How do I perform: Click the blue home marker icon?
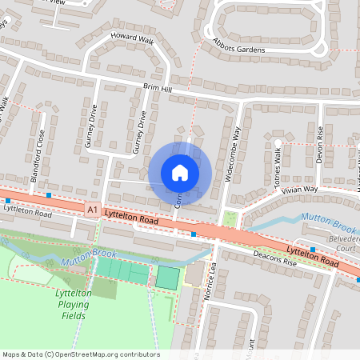pyautogui.click(x=180, y=172)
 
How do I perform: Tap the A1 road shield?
pyautogui.click(x=93, y=210)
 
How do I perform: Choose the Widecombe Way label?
pyautogui.click(x=233, y=151)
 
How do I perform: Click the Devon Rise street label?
pyautogui.click(x=318, y=144)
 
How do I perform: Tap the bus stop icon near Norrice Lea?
pyautogui.click(x=194, y=234)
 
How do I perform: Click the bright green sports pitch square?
pyautogui.click(x=167, y=278)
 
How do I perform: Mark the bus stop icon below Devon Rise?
pyautogui.click(x=312, y=250)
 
